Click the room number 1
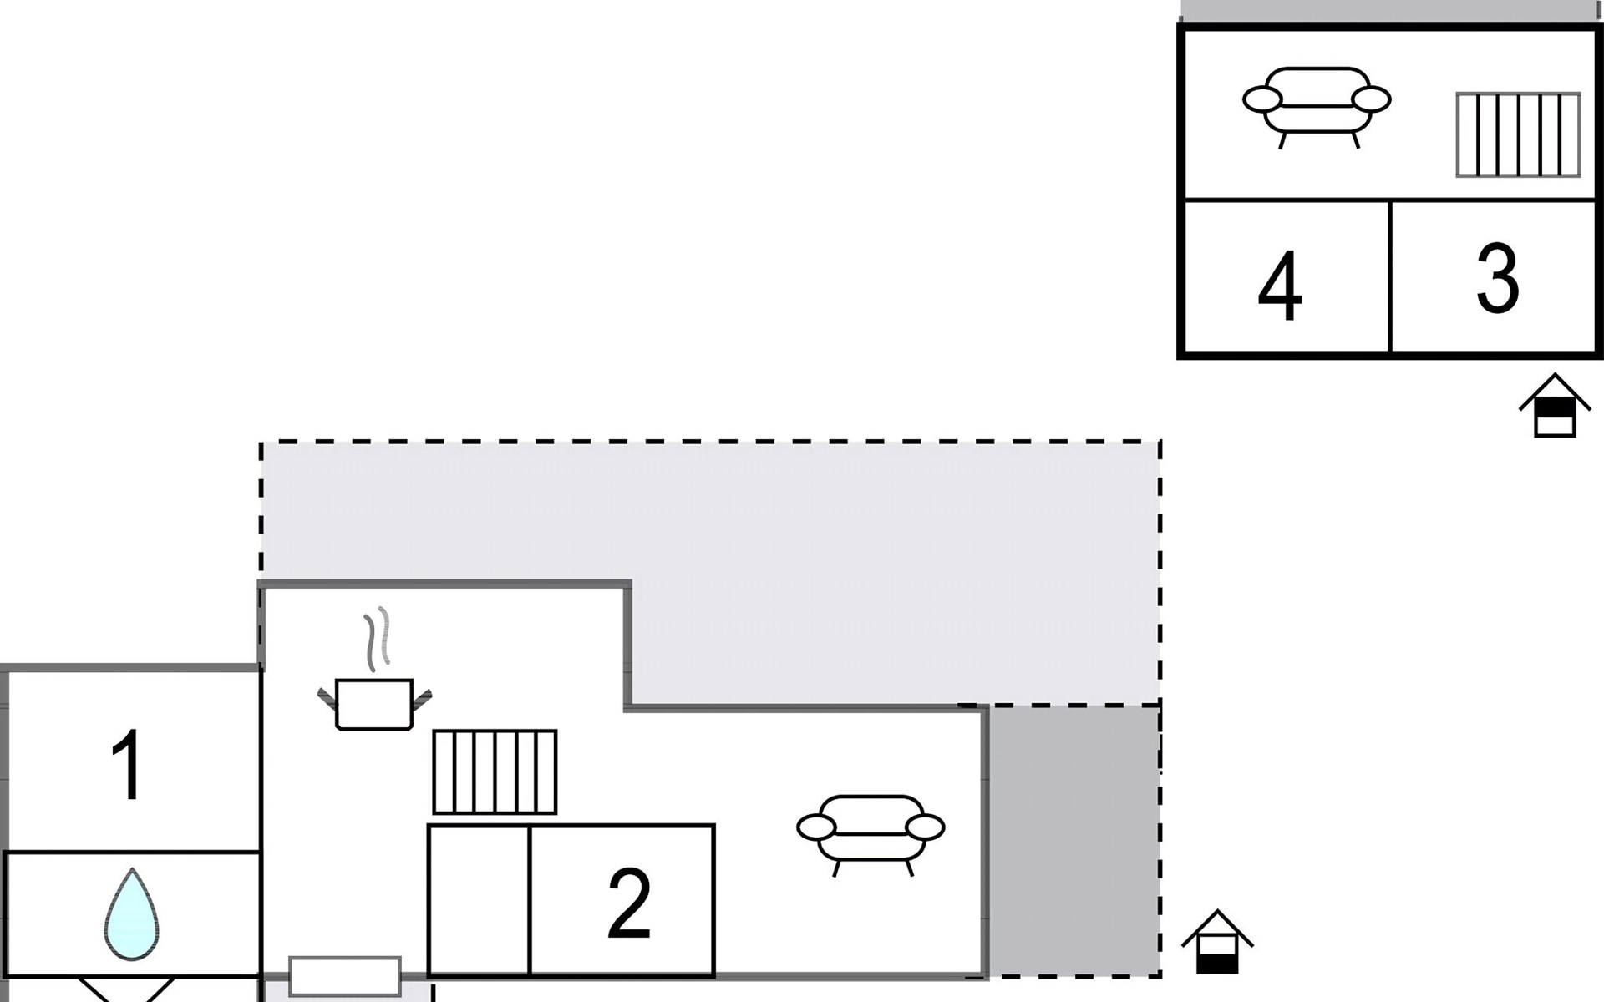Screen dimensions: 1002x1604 pyautogui.click(x=128, y=764)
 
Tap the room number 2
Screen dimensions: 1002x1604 pyautogui.click(x=628, y=902)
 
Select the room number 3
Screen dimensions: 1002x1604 pyautogui.click(x=1496, y=278)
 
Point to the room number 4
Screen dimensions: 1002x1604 pyautogui.click(x=1279, y=286)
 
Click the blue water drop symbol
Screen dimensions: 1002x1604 pyautogui.click(x=131, y=915)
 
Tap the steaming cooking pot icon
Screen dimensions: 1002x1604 pyautogui.click(x=374, y=703)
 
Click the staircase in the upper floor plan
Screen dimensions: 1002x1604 pyautogui.click(x=1518, y=134)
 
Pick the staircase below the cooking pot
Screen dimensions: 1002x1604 pyautogui.click(x=495, y=772)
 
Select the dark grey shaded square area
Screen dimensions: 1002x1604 pyautogui.click(x=1074, y=840)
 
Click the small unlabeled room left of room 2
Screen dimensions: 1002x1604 pyautogui.click(x=479, y=900)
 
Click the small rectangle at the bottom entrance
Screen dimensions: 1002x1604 pyautogui.click(x=345, y=976)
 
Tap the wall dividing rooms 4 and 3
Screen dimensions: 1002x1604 pyautogui.click(x=1389, y=276)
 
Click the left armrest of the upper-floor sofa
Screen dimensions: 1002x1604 pyautogui.click(x=1261, y=99)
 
